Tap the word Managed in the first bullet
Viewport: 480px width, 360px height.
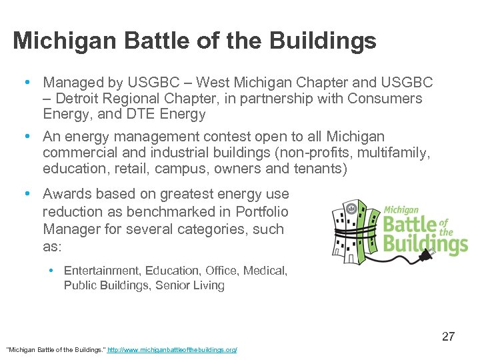71,83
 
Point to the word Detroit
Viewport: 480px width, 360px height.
81,99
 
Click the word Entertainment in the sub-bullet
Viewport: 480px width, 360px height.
98,271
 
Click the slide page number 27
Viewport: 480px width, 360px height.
448,337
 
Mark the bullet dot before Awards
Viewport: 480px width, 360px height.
26,194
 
